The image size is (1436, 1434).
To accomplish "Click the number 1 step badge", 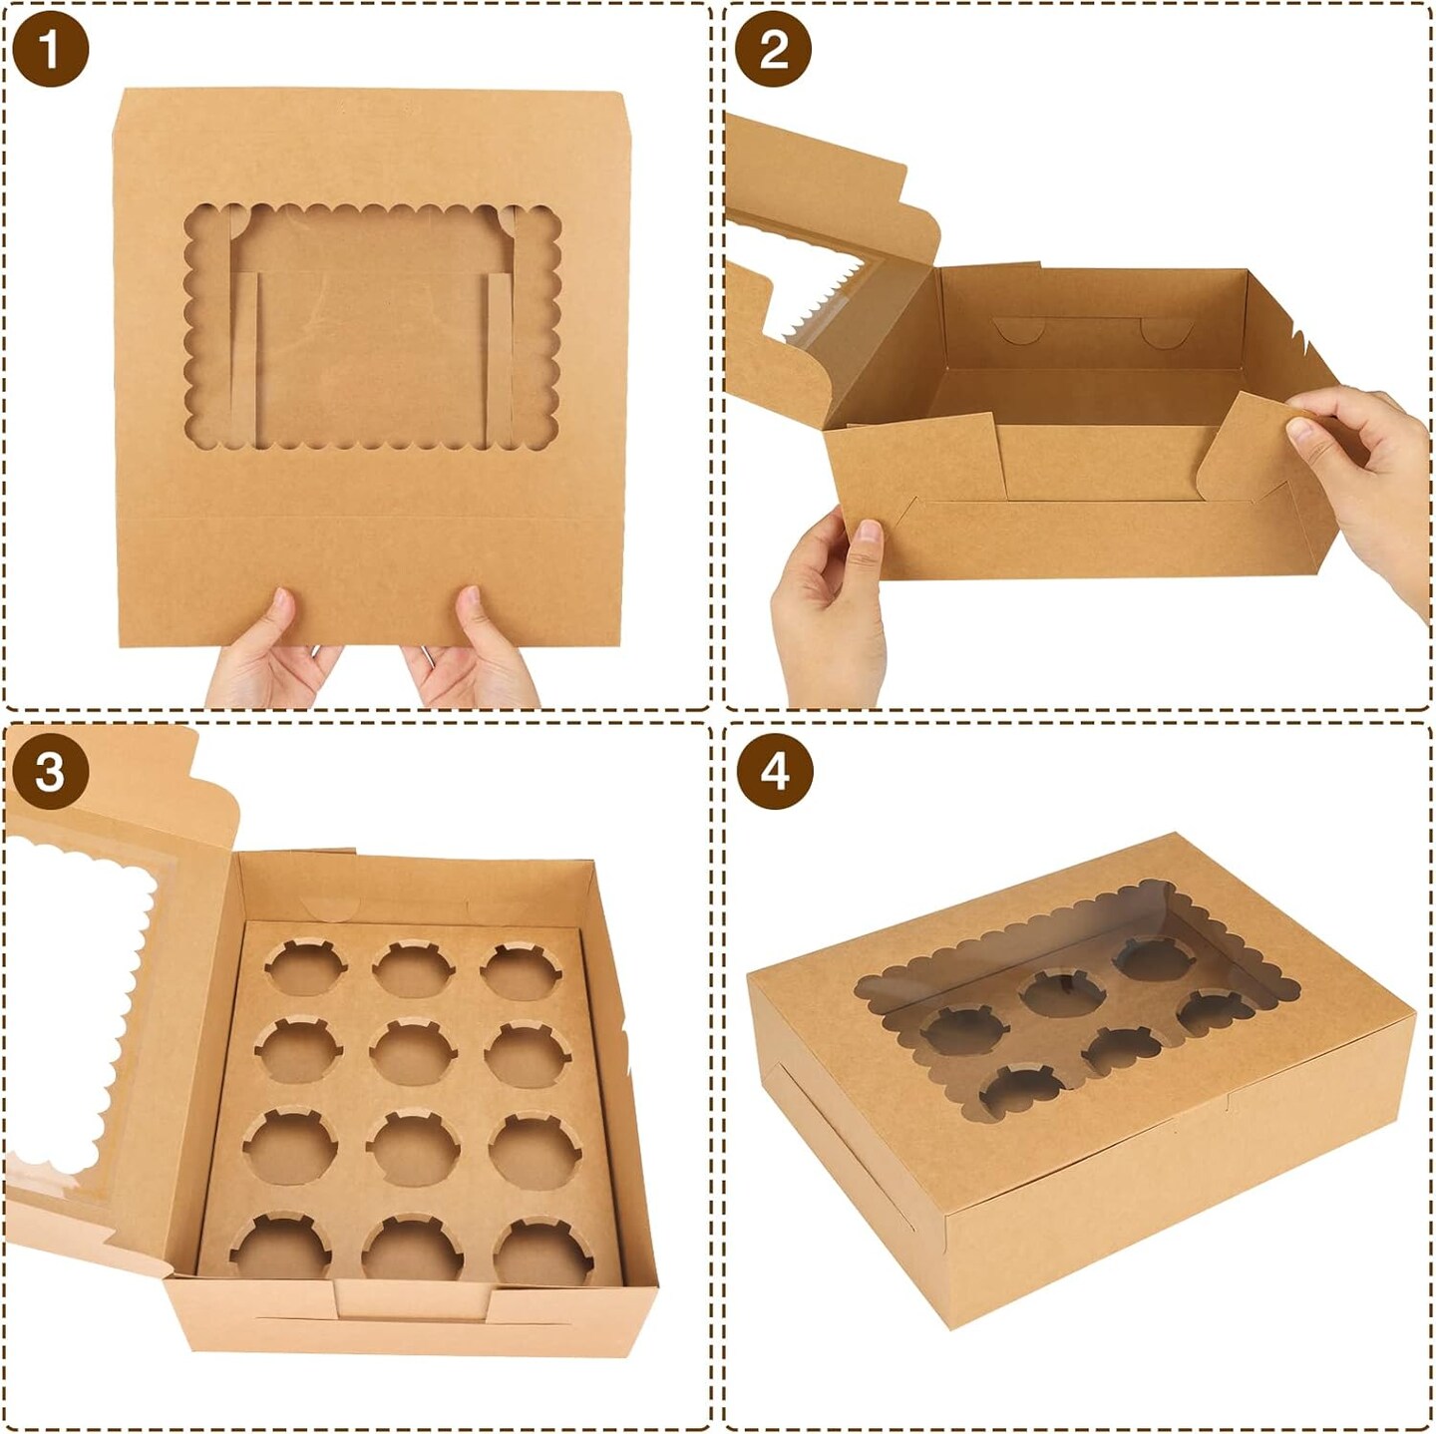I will tap(51, 50).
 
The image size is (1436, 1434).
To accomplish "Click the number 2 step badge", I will tap(773, 50).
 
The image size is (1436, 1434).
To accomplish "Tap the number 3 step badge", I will tap(51, 772).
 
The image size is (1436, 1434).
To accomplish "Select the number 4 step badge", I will tap(774, 772).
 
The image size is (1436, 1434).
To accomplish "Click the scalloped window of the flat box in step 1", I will tap(372, 327).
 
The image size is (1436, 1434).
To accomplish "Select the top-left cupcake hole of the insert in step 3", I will tap(305, 968).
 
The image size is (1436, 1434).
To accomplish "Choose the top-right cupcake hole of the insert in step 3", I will tap(521, 971).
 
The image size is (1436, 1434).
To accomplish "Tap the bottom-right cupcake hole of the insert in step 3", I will tap(542, 1253).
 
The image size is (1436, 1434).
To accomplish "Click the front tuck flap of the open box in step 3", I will tap(414, 1301).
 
